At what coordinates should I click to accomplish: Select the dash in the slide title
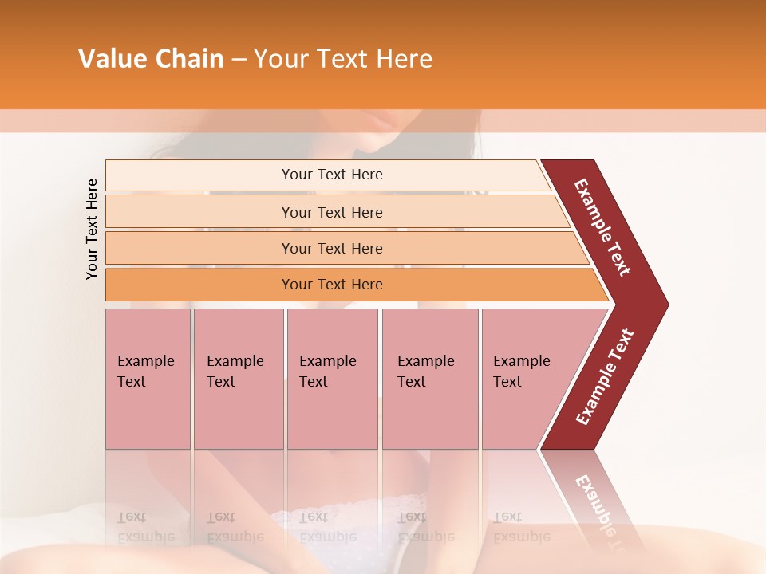point(239,60)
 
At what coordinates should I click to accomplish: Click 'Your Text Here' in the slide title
point(343,59)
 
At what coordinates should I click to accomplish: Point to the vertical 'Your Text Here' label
point(92,229)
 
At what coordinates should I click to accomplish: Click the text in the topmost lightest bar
point(332,175)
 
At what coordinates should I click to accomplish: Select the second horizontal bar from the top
point(332,212)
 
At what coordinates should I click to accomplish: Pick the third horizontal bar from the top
point(332,248)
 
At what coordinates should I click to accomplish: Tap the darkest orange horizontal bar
point(332,285)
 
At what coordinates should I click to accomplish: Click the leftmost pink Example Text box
point(148,379)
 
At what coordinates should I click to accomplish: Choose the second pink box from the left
point(238,379)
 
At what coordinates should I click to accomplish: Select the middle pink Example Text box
point(332,379)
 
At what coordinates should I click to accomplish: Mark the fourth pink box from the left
point(429,379)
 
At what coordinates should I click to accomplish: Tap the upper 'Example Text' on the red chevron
point(602,227)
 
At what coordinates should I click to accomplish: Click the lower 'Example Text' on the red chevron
point(605,377)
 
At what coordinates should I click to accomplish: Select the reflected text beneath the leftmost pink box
point(146,527)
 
